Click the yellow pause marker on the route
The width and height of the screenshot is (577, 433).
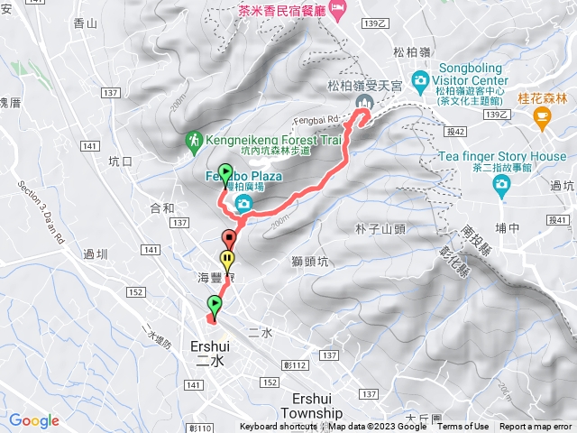point(228,260)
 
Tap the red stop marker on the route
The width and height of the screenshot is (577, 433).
point(229,240)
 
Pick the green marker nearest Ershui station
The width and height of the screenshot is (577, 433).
point(214,304)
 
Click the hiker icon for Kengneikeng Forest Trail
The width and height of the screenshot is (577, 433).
point(194,140)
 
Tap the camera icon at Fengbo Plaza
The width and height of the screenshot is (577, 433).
point(243,205)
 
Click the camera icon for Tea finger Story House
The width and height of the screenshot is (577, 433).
point(501,185)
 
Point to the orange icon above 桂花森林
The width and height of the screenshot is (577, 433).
point(541,115)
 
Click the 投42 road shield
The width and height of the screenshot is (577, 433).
point(455,132)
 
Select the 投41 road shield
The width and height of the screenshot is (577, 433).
point(558,220)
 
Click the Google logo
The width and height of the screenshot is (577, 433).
point(34,420)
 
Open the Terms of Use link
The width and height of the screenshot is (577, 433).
point(463,427)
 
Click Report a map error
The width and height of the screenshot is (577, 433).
point(537,427)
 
